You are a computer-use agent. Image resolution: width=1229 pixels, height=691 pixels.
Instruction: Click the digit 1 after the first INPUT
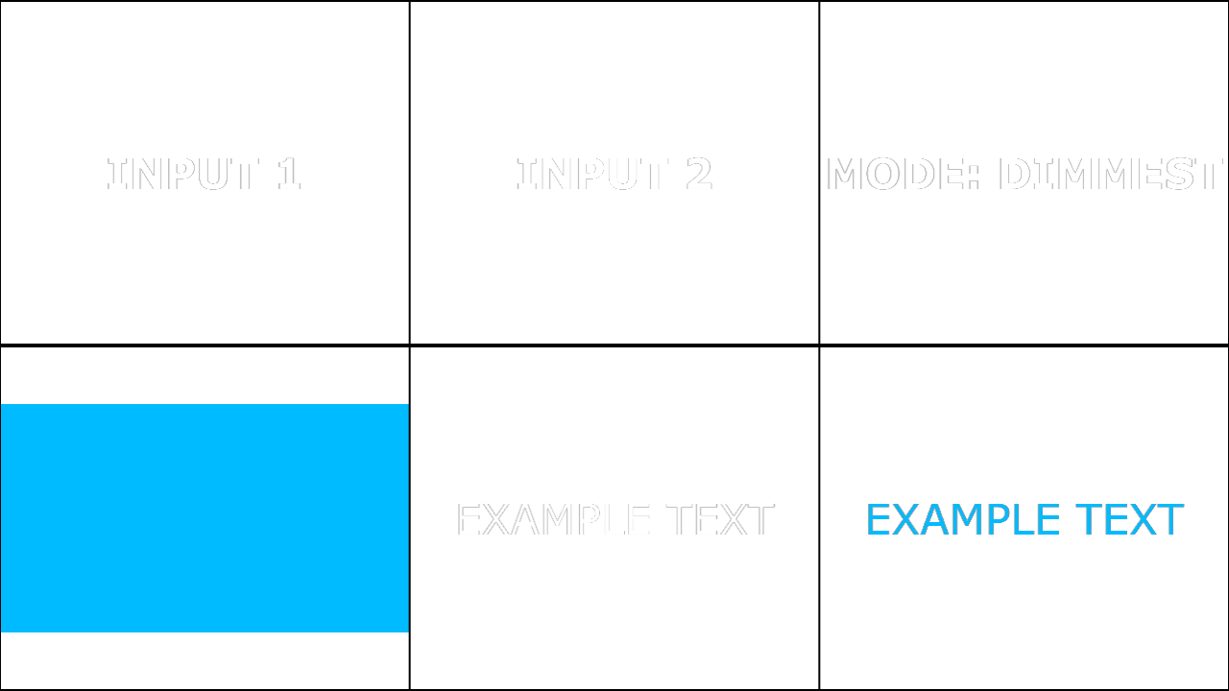(x=289, y=174)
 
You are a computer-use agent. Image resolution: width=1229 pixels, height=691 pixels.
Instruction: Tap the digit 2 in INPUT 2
(x=700, y=174)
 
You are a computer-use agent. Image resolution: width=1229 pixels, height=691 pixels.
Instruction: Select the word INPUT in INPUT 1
(x=182, y=174)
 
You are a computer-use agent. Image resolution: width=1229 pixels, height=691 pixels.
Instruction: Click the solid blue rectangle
(x=205, y=518)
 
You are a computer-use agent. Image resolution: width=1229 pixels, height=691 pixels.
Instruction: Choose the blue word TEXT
(x=1129, y=519)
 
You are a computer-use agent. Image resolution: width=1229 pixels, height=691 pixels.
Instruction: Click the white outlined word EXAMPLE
(x=553, y=519)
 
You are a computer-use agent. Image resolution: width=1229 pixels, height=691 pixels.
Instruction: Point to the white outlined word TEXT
(x=720, y=519)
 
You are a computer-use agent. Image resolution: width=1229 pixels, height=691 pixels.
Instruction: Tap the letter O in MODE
(x=883, y=174)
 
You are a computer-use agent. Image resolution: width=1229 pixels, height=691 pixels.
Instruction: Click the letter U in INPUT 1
(x=213, y=175)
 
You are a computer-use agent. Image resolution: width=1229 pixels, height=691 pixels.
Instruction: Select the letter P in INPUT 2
(x=591, y=174)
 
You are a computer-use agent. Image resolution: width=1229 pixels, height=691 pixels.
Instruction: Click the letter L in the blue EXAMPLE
(x=1023, y=519)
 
